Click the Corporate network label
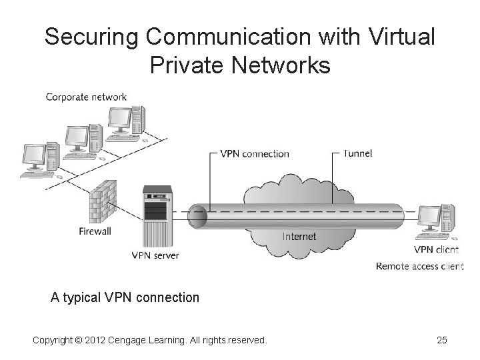(85, 97)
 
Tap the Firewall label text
(95, 231)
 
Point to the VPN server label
(155, 255)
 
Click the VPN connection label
(256, 154)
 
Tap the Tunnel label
(357, 153)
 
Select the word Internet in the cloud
(299, 237)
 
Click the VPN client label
(437, 250)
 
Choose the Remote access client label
(420, 267)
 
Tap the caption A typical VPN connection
(125, 297)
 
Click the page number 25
(441, 341)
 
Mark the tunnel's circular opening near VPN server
(198, 217)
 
